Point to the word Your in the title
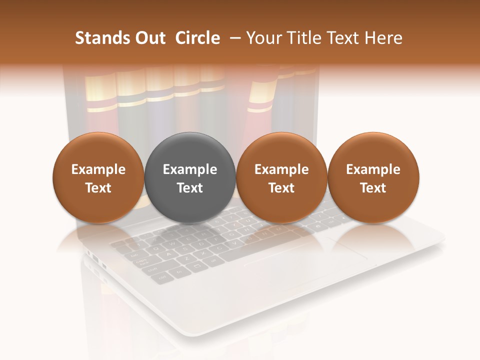pos(263,38)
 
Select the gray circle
pos(190,178)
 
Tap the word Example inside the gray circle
pos(190,169)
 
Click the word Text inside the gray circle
pos(190,188)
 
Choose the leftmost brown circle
pos(98,178)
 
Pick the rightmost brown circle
pos(373,178)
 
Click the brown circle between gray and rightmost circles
pos(281,178)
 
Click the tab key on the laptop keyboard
pos(135,254)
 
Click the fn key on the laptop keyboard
pos(179,271)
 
